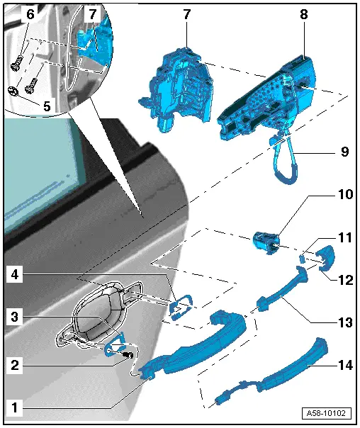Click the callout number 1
tap(14, 407)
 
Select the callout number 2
tap(15, 365)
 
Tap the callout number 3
tap(15, 317)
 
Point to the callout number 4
tap(15, 274)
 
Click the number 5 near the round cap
tap(47, 106)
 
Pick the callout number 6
tap(30, 14)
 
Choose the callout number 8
tap(304, 14)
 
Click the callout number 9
tap(344, 152)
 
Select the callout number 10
tap(345, 194)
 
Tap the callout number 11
tap(345, 237)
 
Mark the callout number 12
tap(345, 280)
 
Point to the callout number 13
tap(345, 322)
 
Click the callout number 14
tap(345, 365)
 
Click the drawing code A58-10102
tap(326, 412)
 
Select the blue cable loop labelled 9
tap(284, 161)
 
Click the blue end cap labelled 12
tap(326, 258)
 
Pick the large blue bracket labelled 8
tap(266, 98)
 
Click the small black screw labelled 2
tap(128, 355)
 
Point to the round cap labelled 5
tap(13, 91)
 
